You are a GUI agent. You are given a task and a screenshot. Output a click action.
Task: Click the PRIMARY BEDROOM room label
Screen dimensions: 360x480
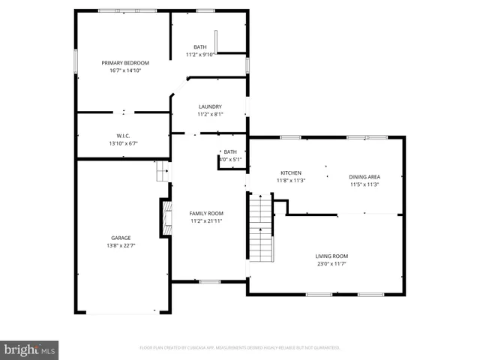coord(125,62)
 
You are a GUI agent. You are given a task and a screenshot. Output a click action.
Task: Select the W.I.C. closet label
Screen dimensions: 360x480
coord(124,136)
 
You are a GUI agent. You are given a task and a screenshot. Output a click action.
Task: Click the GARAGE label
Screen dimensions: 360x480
coord(121,238)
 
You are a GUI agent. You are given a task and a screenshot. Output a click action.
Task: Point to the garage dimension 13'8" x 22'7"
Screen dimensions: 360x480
coord(121,245)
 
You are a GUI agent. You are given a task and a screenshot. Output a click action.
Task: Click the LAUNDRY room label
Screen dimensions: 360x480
coord(210,106)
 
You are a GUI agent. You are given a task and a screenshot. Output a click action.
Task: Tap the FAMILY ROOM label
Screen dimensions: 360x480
coord(205,214)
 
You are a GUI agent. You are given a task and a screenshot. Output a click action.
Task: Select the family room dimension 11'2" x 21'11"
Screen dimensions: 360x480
coord(205,222)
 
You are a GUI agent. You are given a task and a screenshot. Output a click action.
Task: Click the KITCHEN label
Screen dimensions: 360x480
coord(291,172)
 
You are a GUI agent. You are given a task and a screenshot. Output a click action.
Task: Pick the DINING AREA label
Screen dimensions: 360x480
coord(364,177)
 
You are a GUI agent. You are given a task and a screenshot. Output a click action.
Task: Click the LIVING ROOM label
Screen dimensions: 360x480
coord(331,256)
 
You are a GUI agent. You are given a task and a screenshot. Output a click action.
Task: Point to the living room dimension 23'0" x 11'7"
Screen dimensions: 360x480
coord(331,264)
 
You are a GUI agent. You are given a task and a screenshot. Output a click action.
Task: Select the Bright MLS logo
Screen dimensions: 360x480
coord(30,349)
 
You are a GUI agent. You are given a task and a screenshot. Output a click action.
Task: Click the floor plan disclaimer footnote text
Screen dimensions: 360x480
coord(240,348)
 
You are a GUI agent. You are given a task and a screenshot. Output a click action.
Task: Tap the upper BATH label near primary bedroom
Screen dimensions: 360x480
coord(199,47)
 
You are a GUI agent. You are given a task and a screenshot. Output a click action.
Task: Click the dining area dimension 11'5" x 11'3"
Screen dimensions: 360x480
coord(364,184)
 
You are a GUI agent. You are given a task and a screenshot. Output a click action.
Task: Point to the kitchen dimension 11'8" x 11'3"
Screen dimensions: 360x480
coord(291,180)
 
